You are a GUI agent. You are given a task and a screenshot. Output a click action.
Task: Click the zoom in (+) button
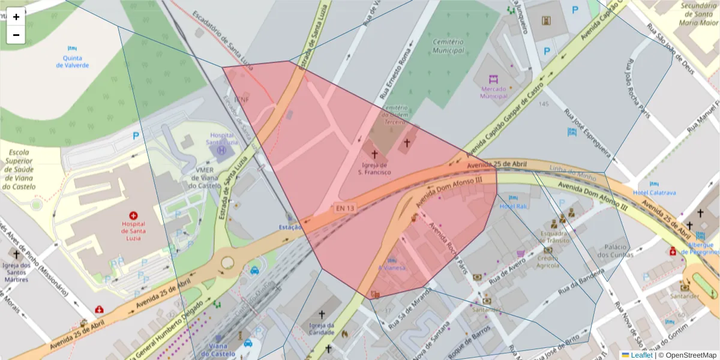pos(16,17)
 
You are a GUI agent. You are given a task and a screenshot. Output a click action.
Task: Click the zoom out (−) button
pos(16,35)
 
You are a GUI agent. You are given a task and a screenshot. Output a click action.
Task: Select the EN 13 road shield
pos(345,208)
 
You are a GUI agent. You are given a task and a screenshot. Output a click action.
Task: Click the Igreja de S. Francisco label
pos(374,169)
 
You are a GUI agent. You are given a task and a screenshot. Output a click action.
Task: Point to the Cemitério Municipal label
pos(448,46)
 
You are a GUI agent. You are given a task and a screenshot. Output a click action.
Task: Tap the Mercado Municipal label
pos(494,92)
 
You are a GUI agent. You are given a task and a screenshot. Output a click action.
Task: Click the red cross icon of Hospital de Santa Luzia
pos(133,215)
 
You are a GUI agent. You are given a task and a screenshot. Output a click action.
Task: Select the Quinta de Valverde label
pos(72,61)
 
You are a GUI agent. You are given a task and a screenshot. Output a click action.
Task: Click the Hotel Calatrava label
pos(654,193)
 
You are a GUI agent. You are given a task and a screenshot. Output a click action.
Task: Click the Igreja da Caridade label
pos(322,329)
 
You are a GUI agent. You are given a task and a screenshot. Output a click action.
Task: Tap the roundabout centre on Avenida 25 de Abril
pos(227,262)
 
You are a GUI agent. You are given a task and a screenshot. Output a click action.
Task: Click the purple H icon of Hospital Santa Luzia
pos(222,150)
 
